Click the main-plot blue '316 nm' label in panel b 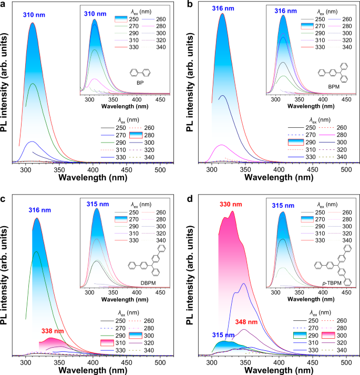point(220,6)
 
